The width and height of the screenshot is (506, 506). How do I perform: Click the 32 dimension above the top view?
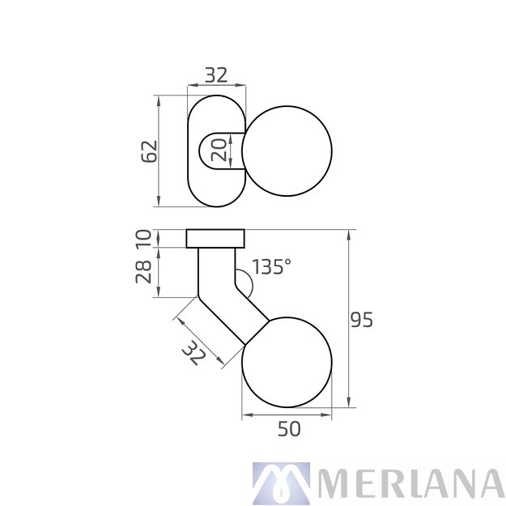(x=215, y=75)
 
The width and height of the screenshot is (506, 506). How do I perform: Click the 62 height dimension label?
(x=148, y=151)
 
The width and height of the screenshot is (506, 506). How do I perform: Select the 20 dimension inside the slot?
(x=218, y=150)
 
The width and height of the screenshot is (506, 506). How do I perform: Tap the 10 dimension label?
(x=143, y=238)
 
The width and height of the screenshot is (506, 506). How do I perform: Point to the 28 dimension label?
(x=143, y=272)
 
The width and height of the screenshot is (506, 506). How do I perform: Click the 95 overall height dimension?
(x=361, y=320)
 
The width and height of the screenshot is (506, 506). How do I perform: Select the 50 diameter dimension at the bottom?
(x=288, y=429)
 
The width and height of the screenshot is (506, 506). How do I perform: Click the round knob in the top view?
(x=288, y=151)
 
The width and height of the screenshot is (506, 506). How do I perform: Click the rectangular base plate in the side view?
(x=215, y=238)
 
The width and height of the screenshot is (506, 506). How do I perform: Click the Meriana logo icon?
(x=280, y=483)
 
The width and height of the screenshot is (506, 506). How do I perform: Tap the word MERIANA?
(x=411, y=483)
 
